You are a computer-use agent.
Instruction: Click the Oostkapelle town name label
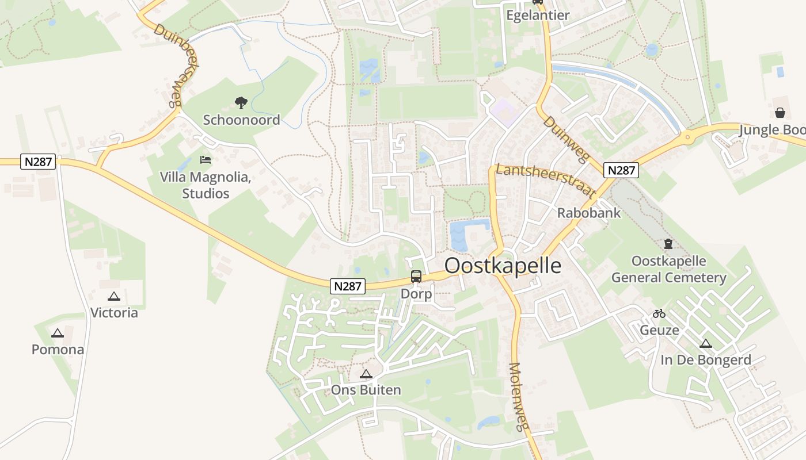point(503,266)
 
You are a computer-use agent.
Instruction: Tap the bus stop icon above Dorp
point(416,277)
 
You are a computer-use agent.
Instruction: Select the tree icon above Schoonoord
point(241,103)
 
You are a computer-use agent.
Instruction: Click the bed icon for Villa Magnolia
point(206,159)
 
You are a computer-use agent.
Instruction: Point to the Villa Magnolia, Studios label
point(206,185)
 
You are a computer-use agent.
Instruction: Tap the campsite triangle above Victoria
point(114,297)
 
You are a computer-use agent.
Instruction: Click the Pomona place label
point(58,350)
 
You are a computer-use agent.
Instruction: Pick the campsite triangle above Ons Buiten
point(366,374)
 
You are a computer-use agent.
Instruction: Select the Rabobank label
point(589,213)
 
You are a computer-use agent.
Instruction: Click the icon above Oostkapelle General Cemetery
point(668,244)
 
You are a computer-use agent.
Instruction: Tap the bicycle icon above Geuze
point(659,314)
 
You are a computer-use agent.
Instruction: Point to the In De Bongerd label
point(705,361)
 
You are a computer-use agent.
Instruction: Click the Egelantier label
point(538,16)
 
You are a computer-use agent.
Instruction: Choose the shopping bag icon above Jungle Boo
point(780,112)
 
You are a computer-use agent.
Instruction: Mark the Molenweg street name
point(518,397)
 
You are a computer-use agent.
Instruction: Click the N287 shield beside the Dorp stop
point(348,286)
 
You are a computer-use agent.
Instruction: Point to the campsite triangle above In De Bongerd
point(705,344)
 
